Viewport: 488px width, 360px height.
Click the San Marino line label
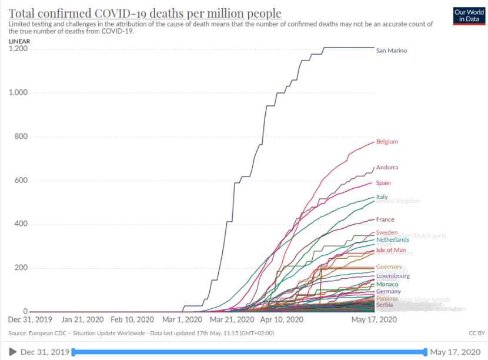(x=391, y=51)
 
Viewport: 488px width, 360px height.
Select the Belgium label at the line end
(x=387, y=142)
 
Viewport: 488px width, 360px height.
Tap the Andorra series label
(x=387, y=168)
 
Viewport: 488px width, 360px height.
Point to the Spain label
(x=383, y=183)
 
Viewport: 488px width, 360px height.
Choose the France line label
(x=385, y=219)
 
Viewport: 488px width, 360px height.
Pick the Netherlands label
(x=393, y=239)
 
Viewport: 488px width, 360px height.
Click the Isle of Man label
(x=391, y=250)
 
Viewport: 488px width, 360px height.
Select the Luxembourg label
(x=393, y=276)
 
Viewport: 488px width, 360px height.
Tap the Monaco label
(x=387, y=285)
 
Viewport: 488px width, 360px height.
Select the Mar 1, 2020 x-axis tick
(x=183, y=320)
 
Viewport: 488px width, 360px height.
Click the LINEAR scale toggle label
(x=19, y=41)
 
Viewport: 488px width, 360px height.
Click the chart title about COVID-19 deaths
(x=145, y=14)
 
